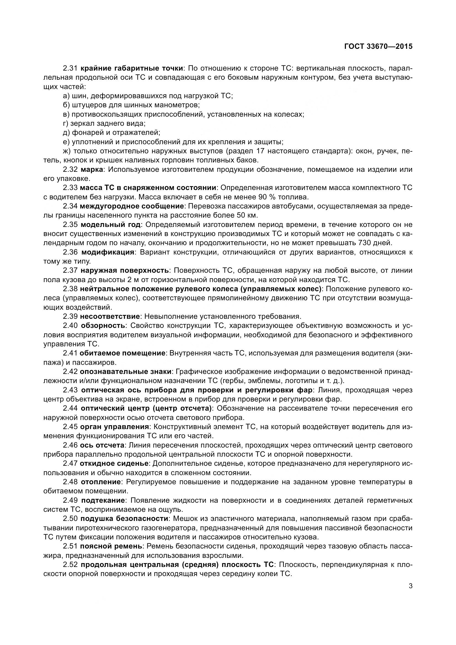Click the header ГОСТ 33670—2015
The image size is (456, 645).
(378, 46)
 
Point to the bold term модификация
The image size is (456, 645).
(107, 252)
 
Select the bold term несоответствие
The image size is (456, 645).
(110, 316)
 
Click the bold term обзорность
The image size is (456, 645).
(103, 326)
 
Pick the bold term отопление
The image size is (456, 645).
(101, 482)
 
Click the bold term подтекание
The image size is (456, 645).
(103, 500)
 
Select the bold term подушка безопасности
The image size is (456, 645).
(124, 519)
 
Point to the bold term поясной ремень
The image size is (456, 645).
(111, 546)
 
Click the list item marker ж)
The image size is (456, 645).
(67, 151)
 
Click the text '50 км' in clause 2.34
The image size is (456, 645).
(245, 215)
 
